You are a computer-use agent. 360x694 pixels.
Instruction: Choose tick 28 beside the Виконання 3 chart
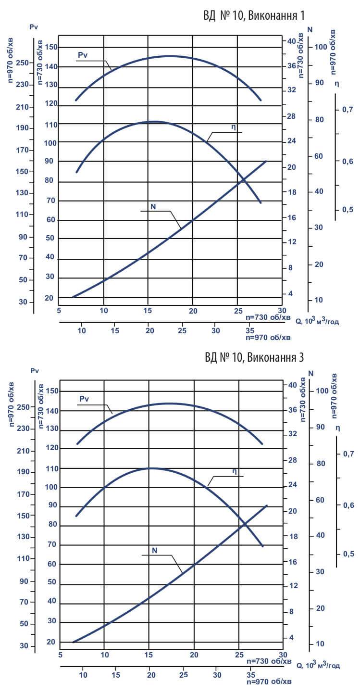(291, 460)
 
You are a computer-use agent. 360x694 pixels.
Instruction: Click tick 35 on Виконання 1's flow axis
(249, 331)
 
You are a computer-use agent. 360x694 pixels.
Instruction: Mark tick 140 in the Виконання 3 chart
(51, 411)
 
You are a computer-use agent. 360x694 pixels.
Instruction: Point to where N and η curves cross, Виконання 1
(244, 179)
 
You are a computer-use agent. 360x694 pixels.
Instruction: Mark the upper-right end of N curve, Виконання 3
(266, 505)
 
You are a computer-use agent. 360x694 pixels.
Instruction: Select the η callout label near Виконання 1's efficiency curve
(233, 127)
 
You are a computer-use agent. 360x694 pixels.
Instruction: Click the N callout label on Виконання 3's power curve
(154, 550)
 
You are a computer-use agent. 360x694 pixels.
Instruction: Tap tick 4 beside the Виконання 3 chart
(292, 637)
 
